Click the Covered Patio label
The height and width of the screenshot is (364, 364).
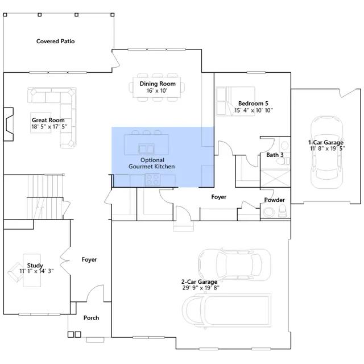point(56,42)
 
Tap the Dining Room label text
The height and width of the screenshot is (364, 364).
point(158,84)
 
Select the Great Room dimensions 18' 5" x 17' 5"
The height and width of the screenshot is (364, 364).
point(49,126)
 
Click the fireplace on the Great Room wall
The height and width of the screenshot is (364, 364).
point(9,124)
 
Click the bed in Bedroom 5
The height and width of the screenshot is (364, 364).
point(235,101)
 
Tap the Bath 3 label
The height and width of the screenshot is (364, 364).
point(275,155)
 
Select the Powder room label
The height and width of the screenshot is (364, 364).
point(274,200)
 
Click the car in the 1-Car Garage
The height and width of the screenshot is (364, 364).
point(326,152)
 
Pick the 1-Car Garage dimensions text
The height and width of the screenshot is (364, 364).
point(328,148)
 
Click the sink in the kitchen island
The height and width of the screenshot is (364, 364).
point(146,148)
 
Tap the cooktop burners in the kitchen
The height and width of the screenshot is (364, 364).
point(152,180)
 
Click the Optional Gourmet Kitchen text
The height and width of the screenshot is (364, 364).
point(152,163)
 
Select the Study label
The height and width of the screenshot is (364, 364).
point(35,265)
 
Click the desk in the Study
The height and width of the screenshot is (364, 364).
point(32,270)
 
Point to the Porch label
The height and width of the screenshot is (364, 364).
point(91,318)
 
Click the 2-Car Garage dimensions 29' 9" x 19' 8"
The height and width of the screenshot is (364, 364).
point(201,288)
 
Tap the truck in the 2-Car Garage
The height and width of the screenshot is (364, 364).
point(226,311)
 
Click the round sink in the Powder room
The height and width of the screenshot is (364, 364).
point(268,212)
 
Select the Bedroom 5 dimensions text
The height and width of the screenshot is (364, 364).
point(254,110)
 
